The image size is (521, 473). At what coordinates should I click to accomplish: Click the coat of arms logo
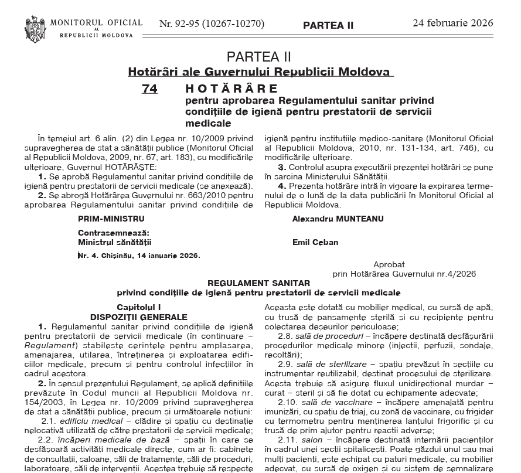click(35, 28)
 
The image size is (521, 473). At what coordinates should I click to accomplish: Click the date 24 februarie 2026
click(452, 23)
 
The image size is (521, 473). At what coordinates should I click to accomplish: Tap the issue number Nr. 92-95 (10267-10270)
click(212, 24)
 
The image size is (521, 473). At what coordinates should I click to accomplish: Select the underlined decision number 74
click(149, 89)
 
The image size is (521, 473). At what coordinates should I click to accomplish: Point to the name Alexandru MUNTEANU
click(338, 219)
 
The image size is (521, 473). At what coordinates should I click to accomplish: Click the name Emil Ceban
click(315, 242)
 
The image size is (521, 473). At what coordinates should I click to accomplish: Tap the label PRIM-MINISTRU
click(111, 219)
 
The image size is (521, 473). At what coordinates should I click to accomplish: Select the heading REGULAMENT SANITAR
click(258, 283)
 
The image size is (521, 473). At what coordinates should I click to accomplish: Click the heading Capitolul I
click(138, 307)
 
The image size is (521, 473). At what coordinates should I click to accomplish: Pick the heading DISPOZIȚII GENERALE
click(139, 317)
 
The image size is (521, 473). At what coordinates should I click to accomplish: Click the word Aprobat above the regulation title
click(389, 264)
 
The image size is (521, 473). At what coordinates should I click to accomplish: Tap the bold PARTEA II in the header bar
click(328, 25)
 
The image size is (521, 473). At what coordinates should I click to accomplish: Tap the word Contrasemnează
click(114, 233)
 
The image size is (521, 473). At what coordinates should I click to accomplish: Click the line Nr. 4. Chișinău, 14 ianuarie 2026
click(139, 256)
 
